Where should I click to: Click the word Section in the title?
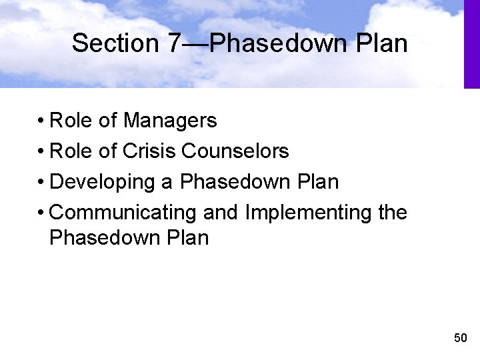(114, 43)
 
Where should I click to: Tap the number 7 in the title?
(173, 43)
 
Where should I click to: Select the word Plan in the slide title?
(382, 43)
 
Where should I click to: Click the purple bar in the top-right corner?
(471, 43)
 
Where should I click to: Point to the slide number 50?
(460, 338)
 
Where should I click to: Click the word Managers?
(170, 121)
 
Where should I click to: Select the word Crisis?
(150, 151)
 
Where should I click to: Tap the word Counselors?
(235, 151)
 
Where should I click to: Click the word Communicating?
(123, 213)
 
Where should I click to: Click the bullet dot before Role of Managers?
(41, 121)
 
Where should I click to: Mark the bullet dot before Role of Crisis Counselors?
(41, 152)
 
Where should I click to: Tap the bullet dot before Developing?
(41, 183)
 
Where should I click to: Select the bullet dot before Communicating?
(41, 213)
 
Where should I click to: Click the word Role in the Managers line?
(71, 121)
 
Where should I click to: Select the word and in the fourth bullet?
(221, 213)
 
